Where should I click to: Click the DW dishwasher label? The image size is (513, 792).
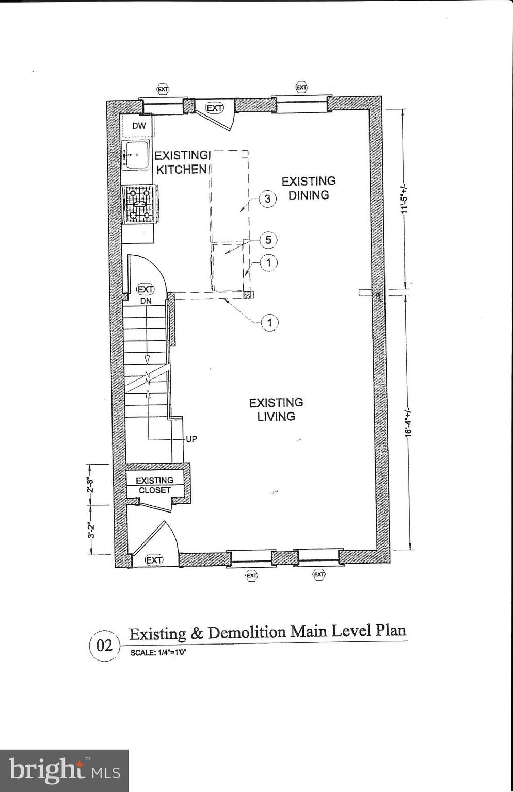[138, 126]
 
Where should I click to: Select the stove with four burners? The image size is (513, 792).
[140, 204]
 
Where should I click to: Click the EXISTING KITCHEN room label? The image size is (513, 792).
[181, 162]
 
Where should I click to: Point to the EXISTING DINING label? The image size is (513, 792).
[308, 188]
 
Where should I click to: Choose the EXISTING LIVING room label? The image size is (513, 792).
[276, 409]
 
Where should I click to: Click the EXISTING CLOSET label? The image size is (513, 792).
[154, 485]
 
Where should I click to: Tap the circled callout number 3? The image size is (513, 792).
[267, 199]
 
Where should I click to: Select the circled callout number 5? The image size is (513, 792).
[268, 240]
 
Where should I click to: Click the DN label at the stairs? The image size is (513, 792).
[146, 301]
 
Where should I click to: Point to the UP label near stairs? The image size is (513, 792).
[191, 439]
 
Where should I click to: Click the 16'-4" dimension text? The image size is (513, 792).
[408, 423]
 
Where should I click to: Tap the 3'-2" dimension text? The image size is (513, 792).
[91, 530]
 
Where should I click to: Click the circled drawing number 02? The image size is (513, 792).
[104, 645]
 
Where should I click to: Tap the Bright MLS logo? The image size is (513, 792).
[64, 770]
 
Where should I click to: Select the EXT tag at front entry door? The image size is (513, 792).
[154, 560]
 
